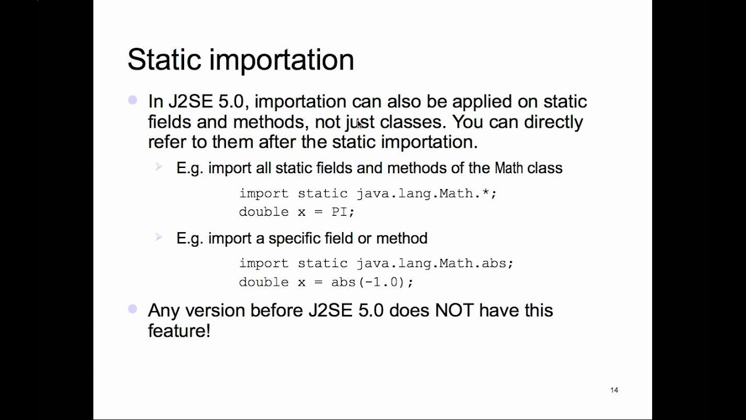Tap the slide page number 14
coord(614,390)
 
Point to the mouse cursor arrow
coord(359,124)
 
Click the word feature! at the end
coord(179,330)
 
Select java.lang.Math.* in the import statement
coord(425,193)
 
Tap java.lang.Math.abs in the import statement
coord(434,263)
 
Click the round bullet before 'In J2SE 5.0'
coord(133,100)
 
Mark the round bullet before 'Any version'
coord(133,309)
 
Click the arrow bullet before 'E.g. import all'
coord(159,167)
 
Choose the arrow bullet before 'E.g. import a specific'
coord(159,237)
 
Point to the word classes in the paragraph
coord(413,122)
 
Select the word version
coord(215,310)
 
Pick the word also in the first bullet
coord(403,101)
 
